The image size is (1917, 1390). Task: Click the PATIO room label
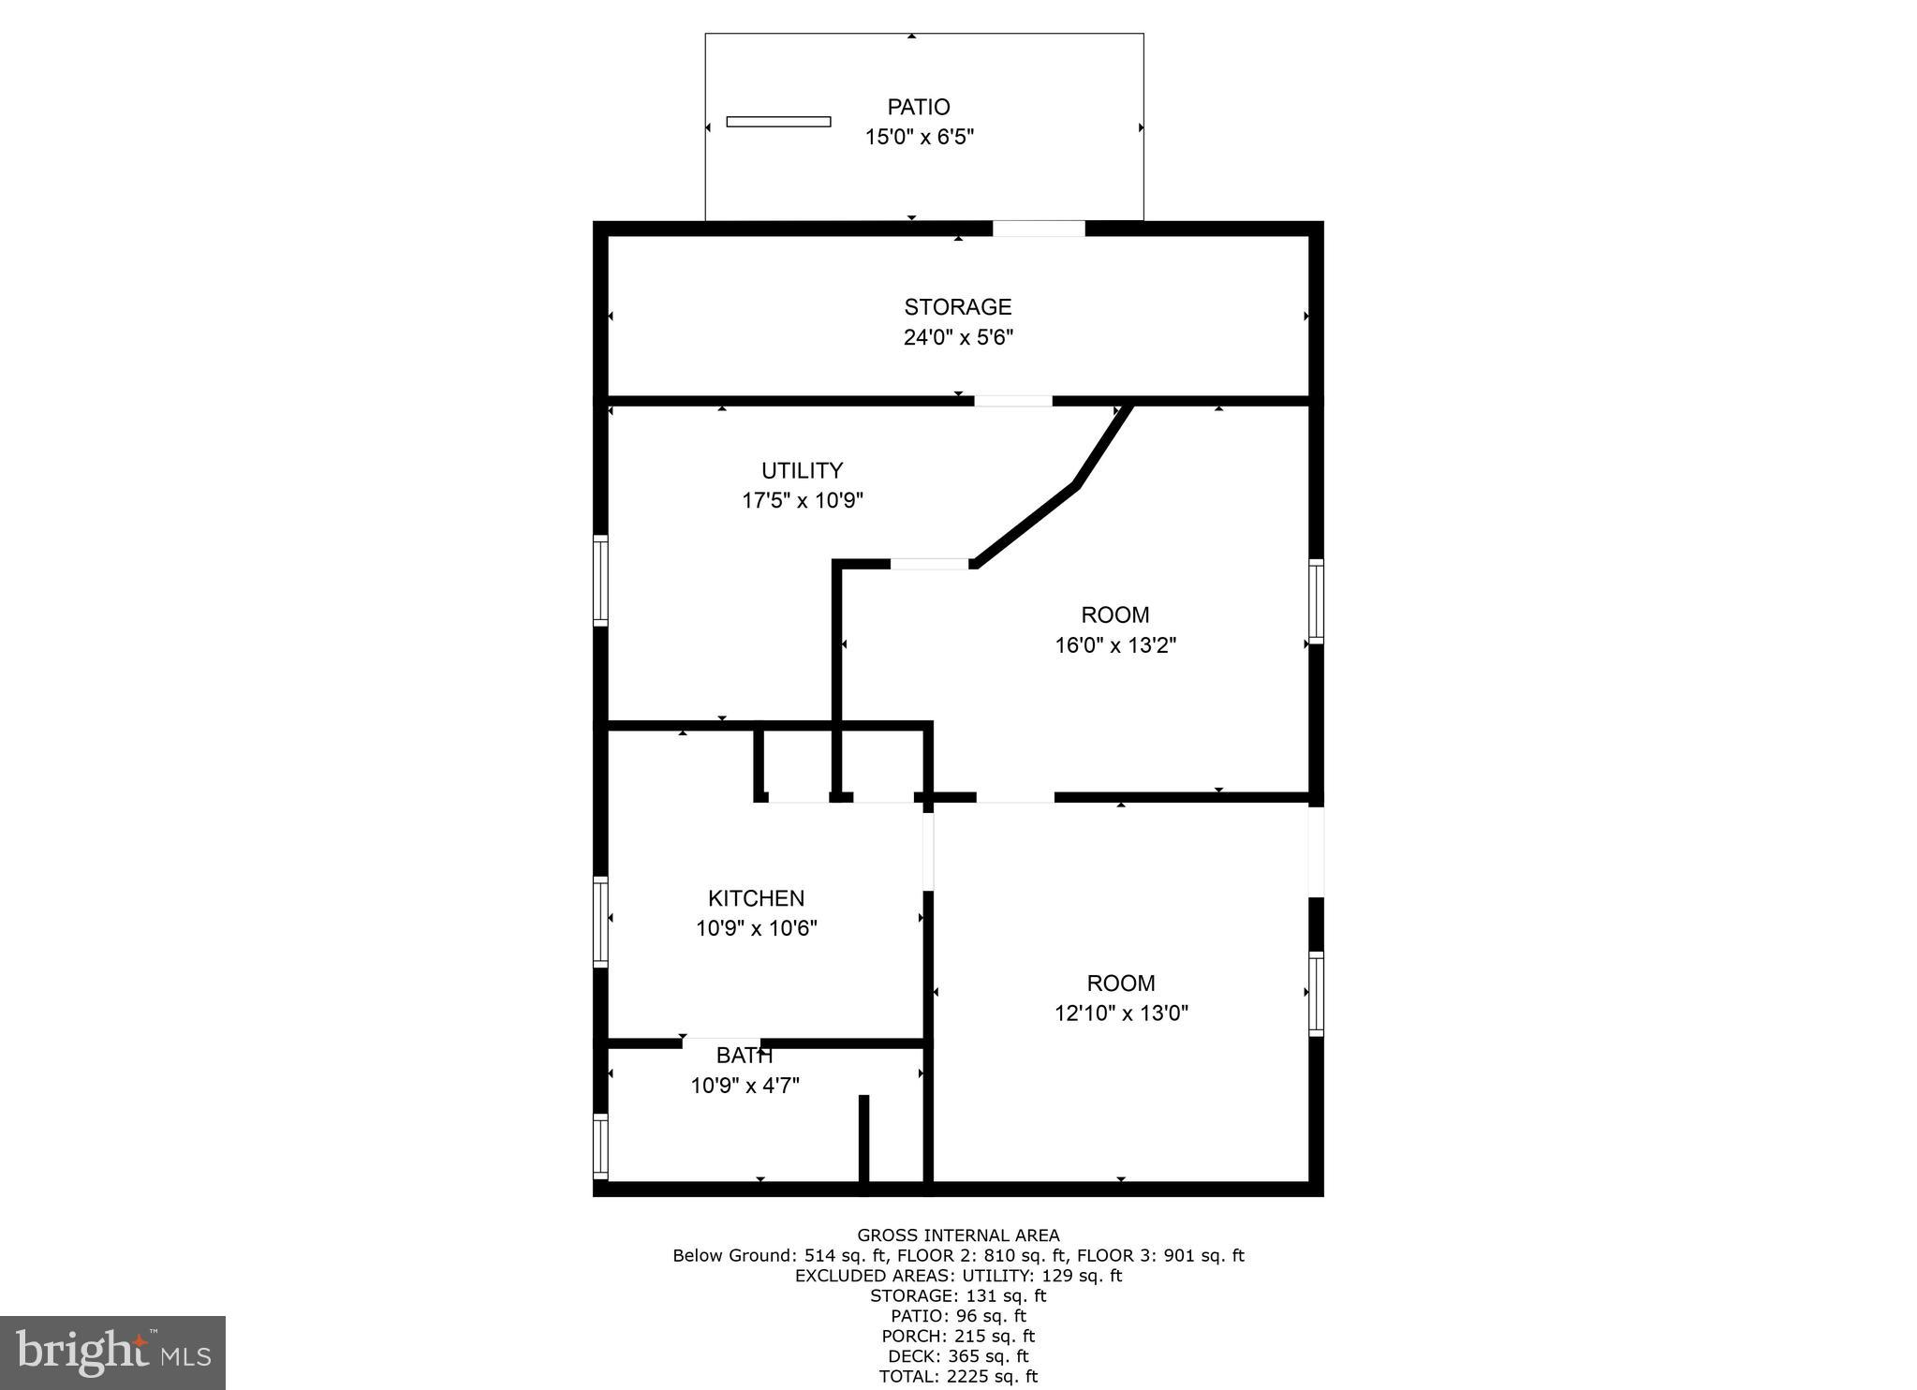coord(919,107)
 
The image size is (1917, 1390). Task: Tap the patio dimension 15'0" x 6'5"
coord(919,137)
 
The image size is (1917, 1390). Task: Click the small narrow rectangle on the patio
coord(778,122)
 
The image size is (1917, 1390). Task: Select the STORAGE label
coord(957,307)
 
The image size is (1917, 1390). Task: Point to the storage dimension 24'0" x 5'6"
coord(957,337)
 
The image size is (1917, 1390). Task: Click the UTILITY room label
coord(802,470)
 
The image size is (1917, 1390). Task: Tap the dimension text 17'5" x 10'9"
coord(802,500)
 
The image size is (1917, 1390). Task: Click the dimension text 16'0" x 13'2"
coord(1114,645)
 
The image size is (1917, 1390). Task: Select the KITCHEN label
coord(756,898)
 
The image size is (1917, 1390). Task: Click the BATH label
coord(744,1057)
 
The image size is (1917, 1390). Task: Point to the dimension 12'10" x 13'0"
coord(1120,1013)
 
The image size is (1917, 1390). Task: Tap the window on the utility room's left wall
coord(601,580)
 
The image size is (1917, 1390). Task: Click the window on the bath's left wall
coord(601,1146)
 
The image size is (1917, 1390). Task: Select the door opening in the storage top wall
coord(1038,229)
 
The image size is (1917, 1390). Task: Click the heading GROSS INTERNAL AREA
coord(958,1235)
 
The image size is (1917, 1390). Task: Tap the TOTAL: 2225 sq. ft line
coord(958,1376)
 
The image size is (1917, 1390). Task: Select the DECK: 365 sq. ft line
coord(958,1355)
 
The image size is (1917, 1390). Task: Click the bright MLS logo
coord(112,1352)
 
